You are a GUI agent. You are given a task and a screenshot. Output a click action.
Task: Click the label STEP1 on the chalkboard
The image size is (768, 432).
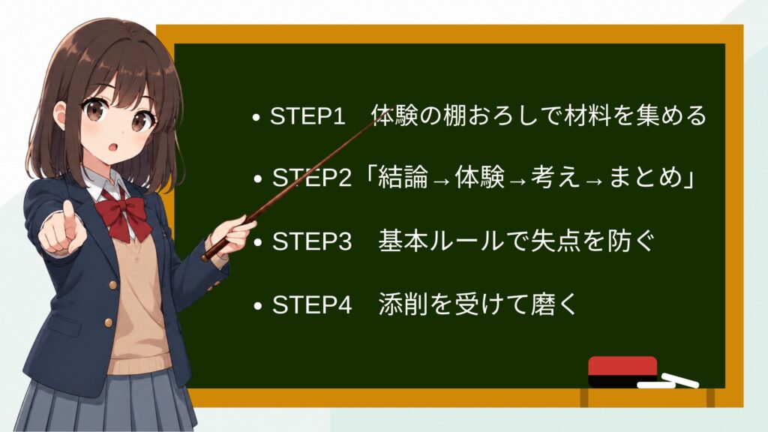click(x=307, y=116)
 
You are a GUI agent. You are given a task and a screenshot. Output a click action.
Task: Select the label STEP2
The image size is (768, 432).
click(x=311, y=177)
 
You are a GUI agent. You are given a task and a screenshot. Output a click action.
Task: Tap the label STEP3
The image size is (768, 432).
click(x=311, y=241)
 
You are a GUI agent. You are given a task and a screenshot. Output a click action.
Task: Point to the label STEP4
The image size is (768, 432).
click(x=311, y=304)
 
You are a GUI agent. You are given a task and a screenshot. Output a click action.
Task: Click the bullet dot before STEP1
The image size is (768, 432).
click(x=256, y=118)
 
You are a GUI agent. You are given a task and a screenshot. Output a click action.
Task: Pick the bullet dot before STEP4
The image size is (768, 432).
click(x=258, y=306)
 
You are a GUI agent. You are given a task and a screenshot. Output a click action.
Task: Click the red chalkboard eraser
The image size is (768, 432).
click(x=622, y=371)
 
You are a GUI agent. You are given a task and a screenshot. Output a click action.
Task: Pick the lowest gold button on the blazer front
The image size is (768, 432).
click(x=108, y=322)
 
